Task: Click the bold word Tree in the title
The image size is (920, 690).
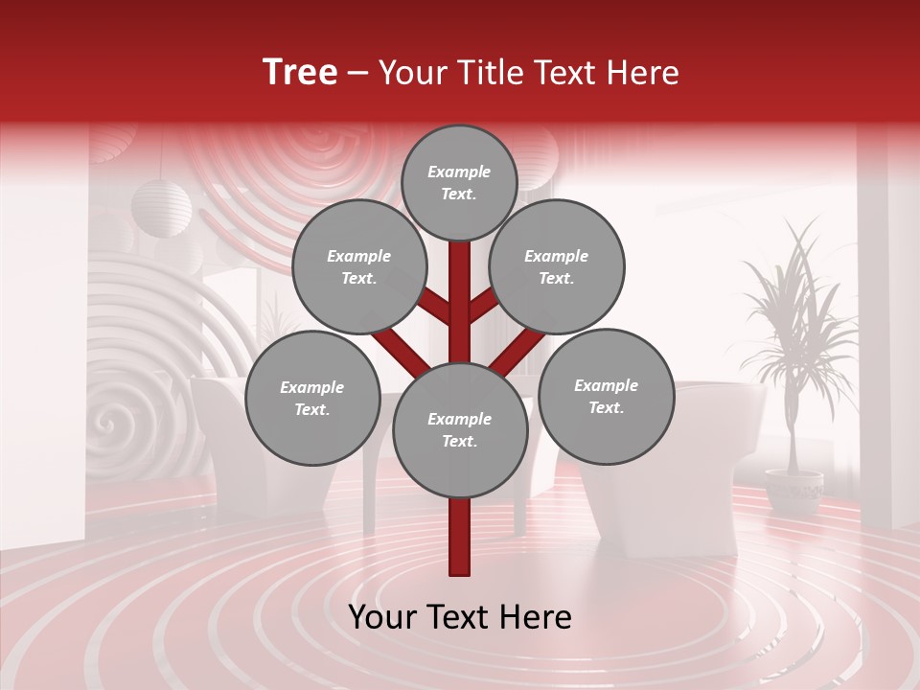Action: pos(300,72)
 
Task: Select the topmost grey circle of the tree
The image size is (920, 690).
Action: pos(459,182)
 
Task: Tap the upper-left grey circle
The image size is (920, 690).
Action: pos(358,267)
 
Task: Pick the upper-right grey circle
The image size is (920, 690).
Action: pos(557,267)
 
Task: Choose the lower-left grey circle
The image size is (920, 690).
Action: pos(312,399)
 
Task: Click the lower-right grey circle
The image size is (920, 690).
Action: pos(606,397)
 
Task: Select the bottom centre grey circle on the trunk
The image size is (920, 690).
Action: pos(460,430)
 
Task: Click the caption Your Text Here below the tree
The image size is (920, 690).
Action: pos(460,617)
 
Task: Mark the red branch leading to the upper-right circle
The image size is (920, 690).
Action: pos(485,308)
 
